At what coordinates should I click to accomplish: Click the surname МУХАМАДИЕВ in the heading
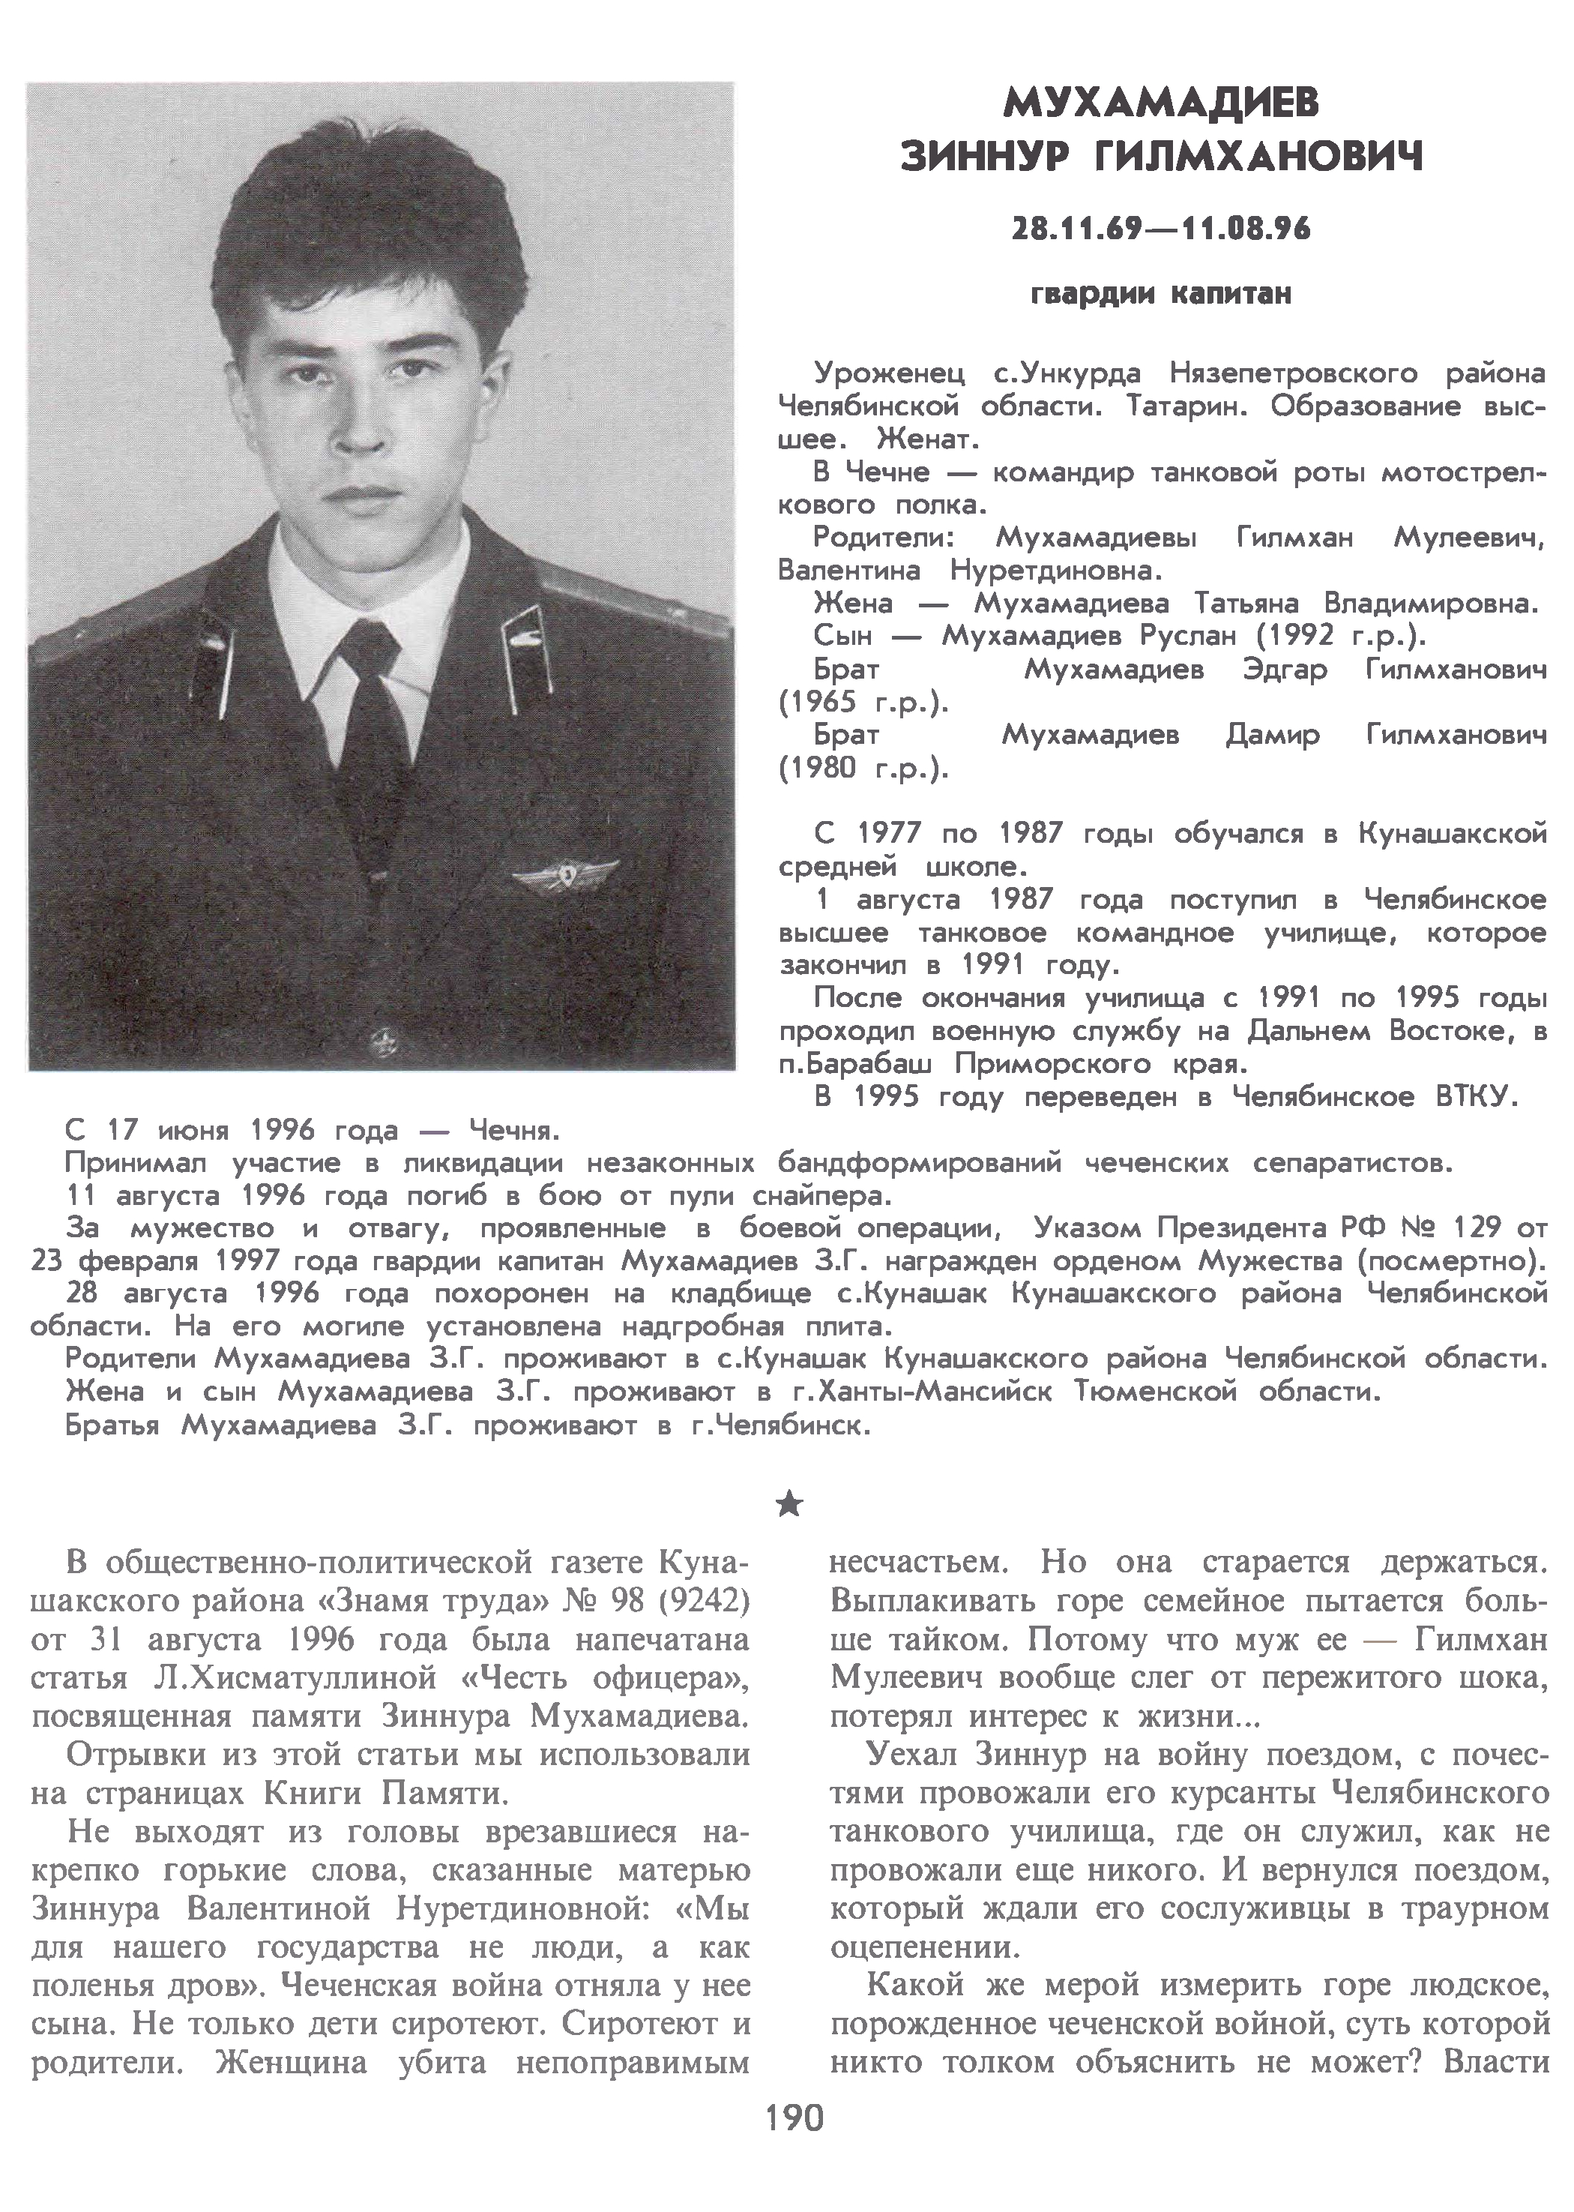tap(1161, 102)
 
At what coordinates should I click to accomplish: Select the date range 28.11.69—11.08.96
tap(1161, 229)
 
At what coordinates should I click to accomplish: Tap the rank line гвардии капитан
tap(1161, 292)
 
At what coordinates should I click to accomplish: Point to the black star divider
tap(790, 1503)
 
